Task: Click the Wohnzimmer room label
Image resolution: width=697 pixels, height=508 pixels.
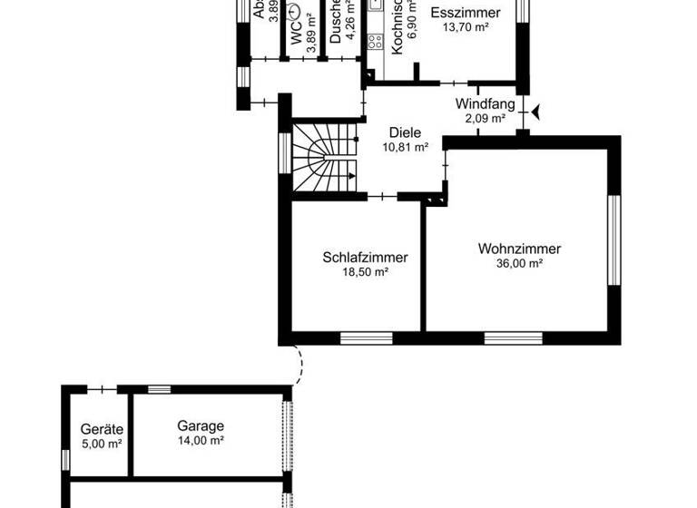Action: pyautogui.click(x=520, y=249)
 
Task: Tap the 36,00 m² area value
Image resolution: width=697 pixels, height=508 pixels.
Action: pyautogui.click(x=520, y=264)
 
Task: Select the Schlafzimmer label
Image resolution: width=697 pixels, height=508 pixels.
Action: pyautogui.click(x=365, y=258)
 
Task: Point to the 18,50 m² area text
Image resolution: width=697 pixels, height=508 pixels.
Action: pyautogui.click(x=365, y=272)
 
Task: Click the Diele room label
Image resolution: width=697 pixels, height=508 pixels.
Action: pyautogui.click(x=405, y=132)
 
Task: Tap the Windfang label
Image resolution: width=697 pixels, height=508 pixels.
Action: pyautogui.click(x=480, y=103)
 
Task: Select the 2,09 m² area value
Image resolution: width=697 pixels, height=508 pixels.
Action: pyautogui.click(x=480, y=118)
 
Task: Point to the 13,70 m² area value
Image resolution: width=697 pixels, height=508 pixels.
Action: pyautogui.click(x=466, y=28)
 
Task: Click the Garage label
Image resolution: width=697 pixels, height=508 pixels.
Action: pyautogui.click(x=201, y=426)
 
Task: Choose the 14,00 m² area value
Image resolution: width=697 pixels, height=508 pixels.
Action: pyautogui.click(x=201, y=441)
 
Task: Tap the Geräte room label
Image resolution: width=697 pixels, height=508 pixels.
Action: pyautogui.click(x=102, y=430)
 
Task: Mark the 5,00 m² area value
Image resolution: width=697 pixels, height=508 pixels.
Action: pyautogui.click(x=102, y=444)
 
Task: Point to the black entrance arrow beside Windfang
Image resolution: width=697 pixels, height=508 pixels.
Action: pyautogui.click(x=536, y=111)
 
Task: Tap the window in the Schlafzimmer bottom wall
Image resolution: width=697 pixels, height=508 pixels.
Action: pyautogui.click(x=366, y=338)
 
